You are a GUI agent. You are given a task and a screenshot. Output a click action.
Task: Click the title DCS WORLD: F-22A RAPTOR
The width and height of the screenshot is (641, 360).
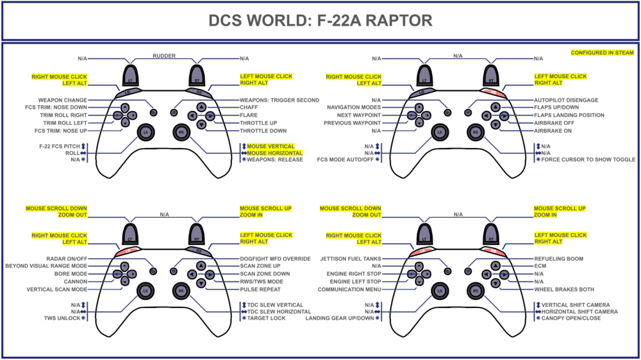(x=320, y=20)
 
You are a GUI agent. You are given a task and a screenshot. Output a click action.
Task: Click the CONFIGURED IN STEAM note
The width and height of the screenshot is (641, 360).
(x=602, y=53)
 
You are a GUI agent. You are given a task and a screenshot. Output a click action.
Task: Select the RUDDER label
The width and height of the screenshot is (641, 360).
(x=163, y=56)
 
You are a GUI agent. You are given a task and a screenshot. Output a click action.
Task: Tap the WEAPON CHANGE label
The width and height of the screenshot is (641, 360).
(x=62, y=100)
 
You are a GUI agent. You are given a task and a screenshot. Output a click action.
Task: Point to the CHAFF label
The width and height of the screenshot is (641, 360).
(x=249, y=108)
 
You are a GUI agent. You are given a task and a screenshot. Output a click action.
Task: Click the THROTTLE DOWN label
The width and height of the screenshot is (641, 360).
(x=263, y=131)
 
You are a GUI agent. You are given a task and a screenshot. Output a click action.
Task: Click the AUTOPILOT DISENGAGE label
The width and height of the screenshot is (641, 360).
(x=566, y=101)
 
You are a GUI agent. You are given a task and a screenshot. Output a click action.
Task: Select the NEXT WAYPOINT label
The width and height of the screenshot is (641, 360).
(x=354, y=115)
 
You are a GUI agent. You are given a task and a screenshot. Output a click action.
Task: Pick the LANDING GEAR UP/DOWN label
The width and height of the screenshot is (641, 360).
(x=340, y=318)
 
